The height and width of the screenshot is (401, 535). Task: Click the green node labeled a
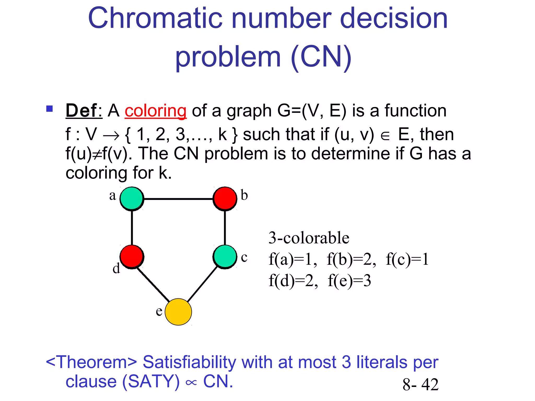[132, 199]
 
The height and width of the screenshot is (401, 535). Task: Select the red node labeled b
[225, 199]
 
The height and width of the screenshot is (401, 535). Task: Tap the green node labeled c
[225, 257]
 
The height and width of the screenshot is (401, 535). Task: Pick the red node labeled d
[132, 257]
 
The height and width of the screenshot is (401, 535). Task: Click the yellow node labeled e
[178, 312]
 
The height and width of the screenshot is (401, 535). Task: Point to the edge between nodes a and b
[178, 199]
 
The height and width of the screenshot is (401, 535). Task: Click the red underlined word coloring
[155, 111]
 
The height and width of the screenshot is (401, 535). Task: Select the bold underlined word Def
[82, 111]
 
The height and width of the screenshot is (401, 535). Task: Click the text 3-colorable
[309, 238]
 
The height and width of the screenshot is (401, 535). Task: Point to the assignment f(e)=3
[349, 281]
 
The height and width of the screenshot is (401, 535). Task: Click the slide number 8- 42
[420, 384]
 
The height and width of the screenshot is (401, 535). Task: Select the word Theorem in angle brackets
[91, 362]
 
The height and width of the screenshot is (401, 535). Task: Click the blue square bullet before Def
[49, 108]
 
